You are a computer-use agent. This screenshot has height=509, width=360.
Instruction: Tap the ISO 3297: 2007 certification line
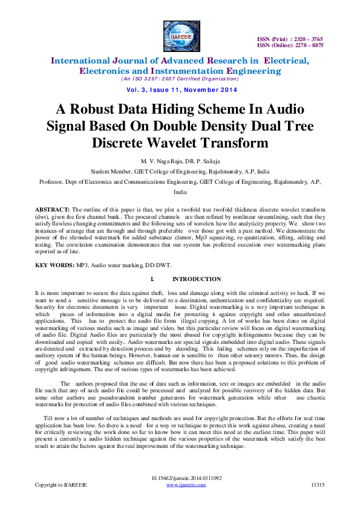click(x=180, y=79)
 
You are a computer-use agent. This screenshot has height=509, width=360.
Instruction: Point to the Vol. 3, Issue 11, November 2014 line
click(x=180, y=90)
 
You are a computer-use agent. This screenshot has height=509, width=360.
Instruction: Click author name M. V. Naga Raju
click(x=160, y=161)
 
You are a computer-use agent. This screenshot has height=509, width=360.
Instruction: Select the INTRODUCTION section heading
click(x=197, y=279)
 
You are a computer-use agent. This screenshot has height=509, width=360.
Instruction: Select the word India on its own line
click(x=180, y=192)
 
